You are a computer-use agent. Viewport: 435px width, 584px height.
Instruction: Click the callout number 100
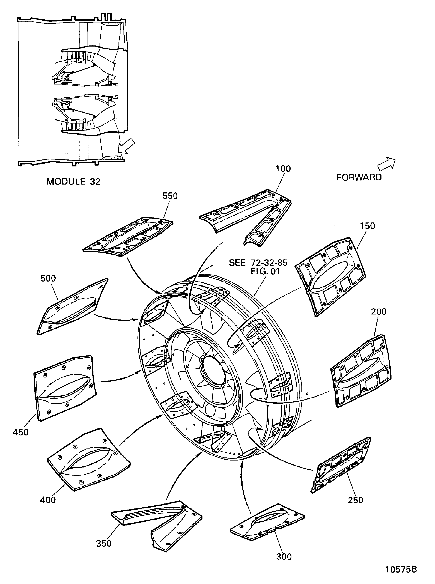coord(283,169)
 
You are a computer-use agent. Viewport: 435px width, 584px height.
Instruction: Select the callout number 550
coord(170,196)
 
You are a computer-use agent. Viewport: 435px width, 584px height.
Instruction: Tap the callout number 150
coord(367,226)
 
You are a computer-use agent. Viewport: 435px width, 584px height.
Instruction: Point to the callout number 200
coord(379,311)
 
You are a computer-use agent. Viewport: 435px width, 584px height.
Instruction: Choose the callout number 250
coord(356,500)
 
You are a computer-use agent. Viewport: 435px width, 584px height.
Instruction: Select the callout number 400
coord(48,500)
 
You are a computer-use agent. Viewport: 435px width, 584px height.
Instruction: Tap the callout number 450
coord(21,432)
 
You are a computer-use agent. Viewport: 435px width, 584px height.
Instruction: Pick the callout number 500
coord(48,278)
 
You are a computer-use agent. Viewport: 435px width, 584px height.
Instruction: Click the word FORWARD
coord(359,177)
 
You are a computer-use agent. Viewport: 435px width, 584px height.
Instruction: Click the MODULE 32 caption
coord(73,182)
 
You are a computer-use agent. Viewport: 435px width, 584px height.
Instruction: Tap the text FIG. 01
coord(265,271)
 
